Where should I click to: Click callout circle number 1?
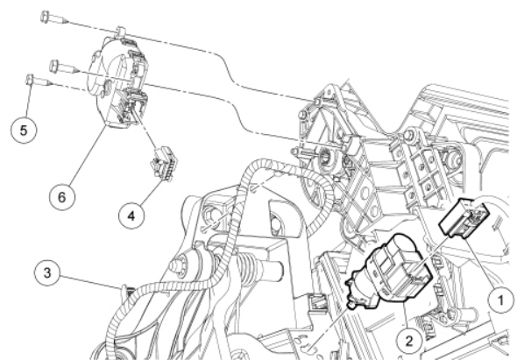(500, 300)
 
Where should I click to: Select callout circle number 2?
(409, 341)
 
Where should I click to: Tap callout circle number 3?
(47, 272)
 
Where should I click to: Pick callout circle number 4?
(131, 216)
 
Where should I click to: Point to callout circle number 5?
(24, 131)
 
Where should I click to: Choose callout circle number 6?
(62, 197)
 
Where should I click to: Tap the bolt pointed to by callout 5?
(39, 81)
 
